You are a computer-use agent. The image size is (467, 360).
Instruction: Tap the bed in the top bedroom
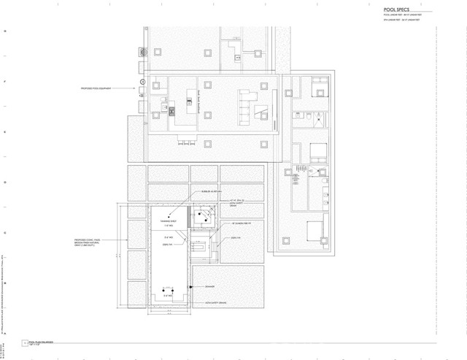320,87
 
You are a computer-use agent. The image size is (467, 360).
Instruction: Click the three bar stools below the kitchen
186,141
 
